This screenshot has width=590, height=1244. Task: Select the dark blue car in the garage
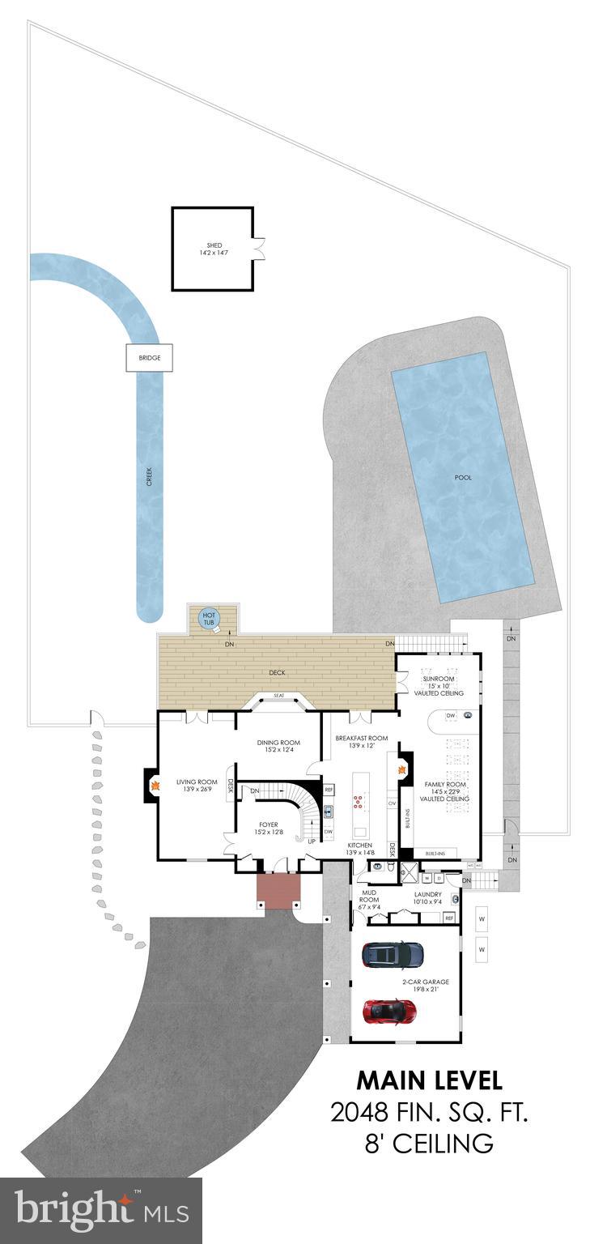(393, 954)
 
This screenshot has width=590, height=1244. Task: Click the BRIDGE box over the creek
(149, 358)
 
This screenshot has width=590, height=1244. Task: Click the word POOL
(462, 477)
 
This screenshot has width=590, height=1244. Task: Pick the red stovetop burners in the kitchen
(357, 803)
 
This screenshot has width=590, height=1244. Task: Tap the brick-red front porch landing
(278, 890)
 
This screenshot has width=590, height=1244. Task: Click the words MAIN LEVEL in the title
(430, 1080)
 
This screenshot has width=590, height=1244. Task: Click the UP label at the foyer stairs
(310, 841)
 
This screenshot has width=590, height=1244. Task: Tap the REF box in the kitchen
(329, 789)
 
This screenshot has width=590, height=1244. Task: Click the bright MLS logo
(100, 1212)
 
